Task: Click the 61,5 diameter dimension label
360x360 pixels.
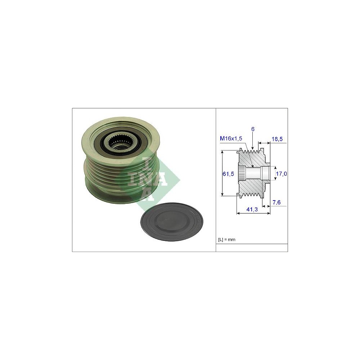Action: coord(228,174)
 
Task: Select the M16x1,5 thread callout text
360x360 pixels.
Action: coord(231,138)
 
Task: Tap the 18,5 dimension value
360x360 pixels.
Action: coord(277,139)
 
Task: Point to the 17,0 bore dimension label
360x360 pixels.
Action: coord(281,174)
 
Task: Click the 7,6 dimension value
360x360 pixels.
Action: coord(276,202)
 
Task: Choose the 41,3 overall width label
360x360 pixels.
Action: coord(252,209)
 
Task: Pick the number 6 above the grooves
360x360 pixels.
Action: coord(253,129)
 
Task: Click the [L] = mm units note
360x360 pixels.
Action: coord(226,240)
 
